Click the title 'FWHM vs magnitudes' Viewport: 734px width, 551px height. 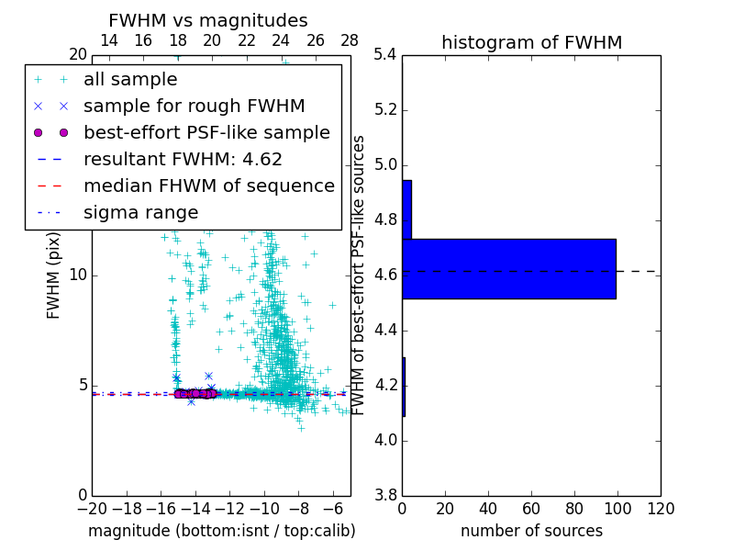point(208,20)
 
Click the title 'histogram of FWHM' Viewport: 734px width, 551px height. point(531,42)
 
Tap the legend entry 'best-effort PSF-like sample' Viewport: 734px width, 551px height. point(206,132)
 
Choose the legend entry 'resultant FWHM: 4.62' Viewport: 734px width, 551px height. point(183,159)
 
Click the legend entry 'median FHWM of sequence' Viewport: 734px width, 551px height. point(208,186)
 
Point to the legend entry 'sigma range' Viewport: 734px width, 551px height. point(140,212)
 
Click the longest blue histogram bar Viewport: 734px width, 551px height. point(508,268)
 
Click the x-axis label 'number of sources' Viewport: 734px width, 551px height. point(531,531)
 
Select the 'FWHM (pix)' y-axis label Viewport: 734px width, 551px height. point(54,276)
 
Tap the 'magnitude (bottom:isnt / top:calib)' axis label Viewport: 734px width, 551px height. point(221,531)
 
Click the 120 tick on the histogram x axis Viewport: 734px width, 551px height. point(661,508)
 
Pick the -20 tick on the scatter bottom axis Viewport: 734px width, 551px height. point(92,508)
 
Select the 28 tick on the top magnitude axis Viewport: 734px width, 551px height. point(350,40)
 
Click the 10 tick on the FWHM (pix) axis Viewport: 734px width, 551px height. point(78,275)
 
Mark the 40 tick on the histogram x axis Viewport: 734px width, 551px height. point(488,508)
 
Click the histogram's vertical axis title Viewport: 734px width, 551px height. point(360,275)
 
